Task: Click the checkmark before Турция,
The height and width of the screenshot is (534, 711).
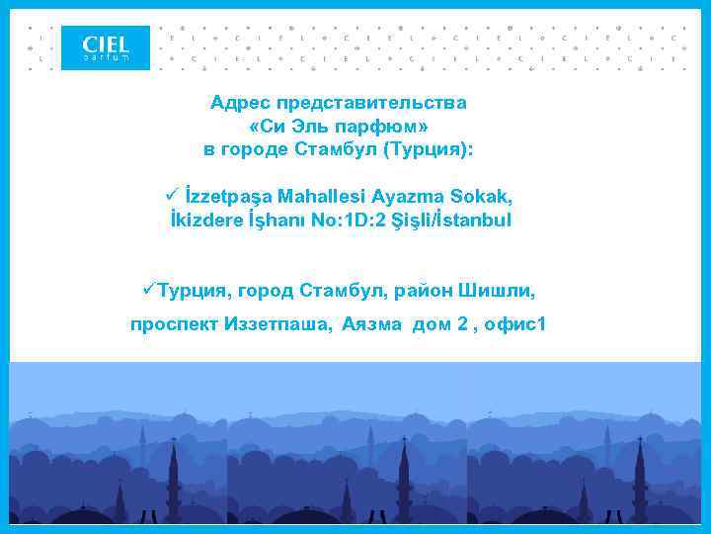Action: coord(149,290)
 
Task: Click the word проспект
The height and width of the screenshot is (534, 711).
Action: coord(175,324)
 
